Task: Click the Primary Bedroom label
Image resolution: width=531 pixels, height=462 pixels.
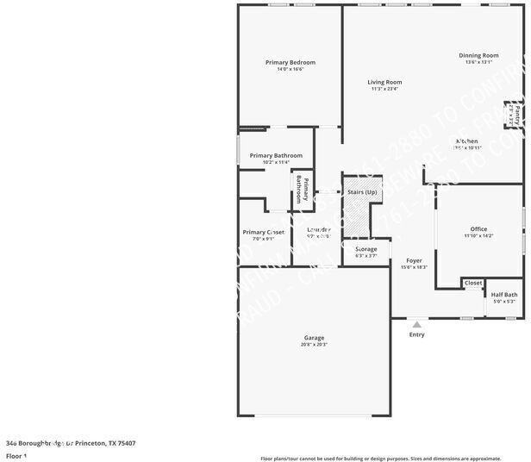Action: coord(290,62)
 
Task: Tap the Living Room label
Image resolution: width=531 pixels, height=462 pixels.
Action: coord(386,82)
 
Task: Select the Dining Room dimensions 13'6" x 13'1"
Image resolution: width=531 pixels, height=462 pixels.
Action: coord(478,62)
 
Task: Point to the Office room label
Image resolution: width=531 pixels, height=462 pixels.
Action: coord(478,228)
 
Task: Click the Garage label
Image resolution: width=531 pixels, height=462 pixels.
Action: coord(314,337)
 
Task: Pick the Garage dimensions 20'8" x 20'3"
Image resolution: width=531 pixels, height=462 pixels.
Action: coord(314,344)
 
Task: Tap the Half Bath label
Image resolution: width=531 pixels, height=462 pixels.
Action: coord(504,294)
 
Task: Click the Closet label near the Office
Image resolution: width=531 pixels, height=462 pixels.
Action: coord(473,282)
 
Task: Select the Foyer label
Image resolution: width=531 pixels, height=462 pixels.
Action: coord(414,259)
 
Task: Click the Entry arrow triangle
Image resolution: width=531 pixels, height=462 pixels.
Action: coord(416,324)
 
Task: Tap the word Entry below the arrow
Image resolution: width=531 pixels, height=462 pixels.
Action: coord(416,334)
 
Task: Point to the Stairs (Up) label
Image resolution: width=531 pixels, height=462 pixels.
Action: coord(361,191)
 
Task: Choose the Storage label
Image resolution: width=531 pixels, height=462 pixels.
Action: coord(365,249)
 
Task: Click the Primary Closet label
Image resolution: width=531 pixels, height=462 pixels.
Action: coord(263,232)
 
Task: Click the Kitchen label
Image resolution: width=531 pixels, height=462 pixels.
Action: coord(466,140)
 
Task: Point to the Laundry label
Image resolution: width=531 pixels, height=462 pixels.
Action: coord(319,229)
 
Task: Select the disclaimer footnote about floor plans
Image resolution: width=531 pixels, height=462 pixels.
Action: coord(380,458)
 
